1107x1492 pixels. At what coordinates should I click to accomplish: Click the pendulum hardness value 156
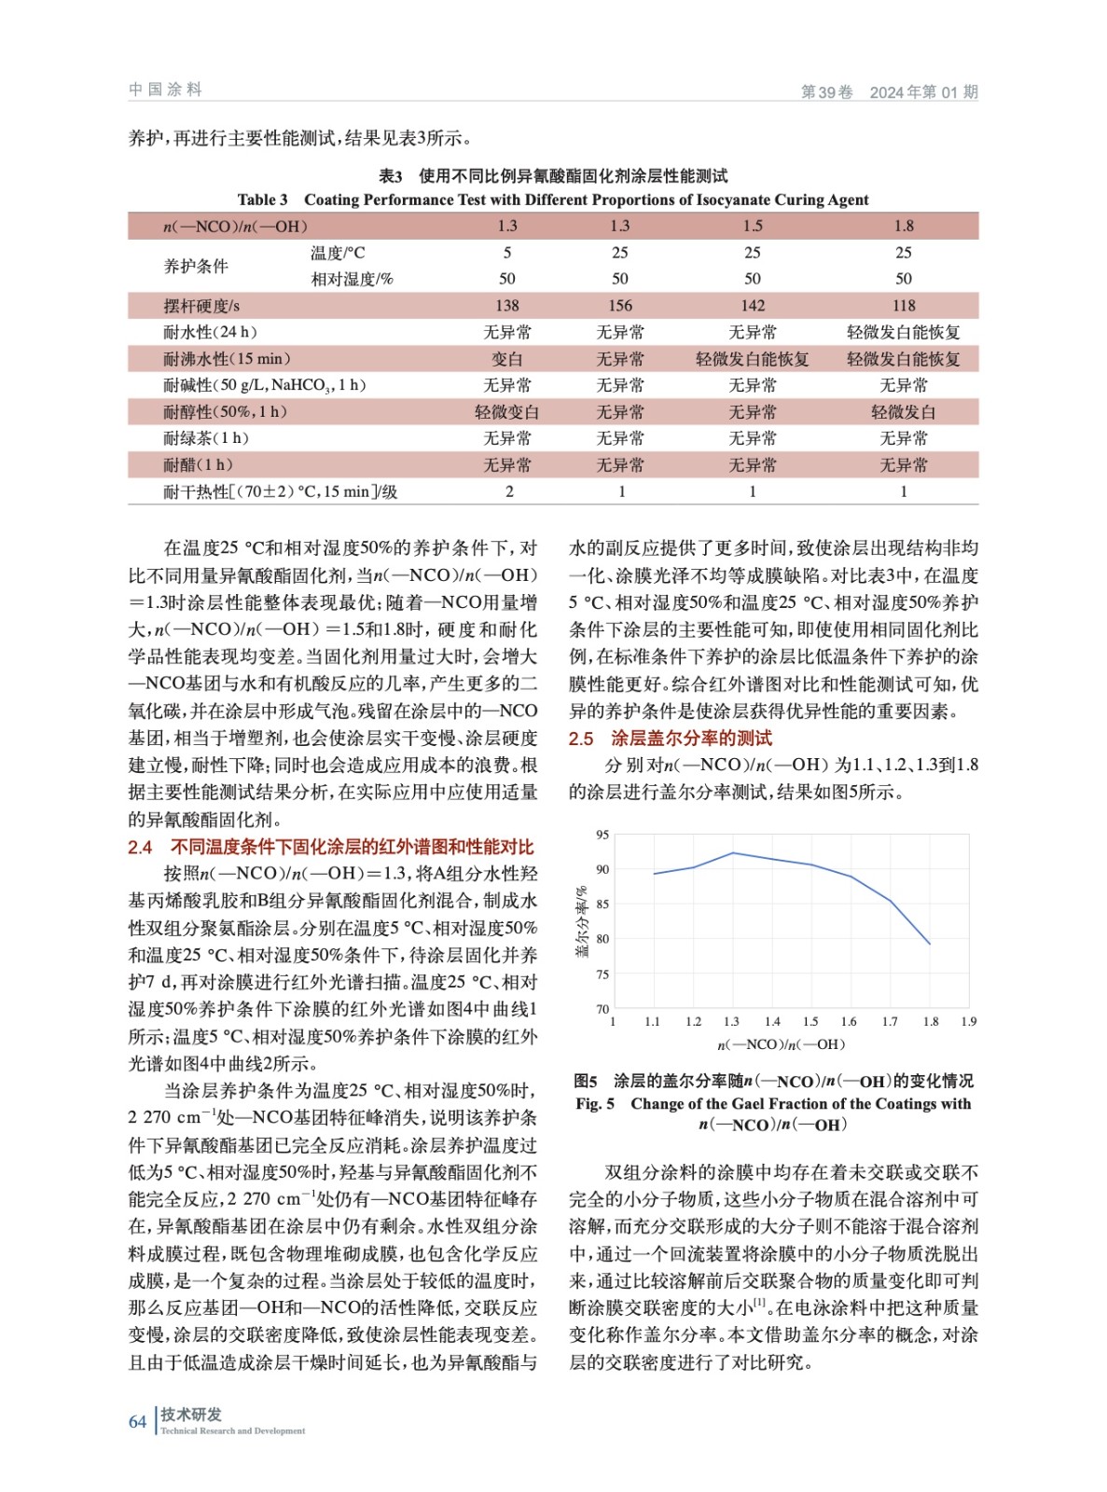619,306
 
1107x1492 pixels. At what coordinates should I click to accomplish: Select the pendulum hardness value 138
507,306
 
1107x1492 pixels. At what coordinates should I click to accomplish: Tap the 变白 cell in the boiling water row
507,359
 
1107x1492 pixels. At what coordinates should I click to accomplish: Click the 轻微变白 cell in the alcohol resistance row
507,412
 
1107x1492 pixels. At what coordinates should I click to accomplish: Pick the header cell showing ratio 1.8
903,226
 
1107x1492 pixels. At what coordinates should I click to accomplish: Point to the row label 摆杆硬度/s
201,306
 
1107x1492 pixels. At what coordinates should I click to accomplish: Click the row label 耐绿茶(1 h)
206,438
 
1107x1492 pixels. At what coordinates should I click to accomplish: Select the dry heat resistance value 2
509,491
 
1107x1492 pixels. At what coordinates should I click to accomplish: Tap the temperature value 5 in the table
507,253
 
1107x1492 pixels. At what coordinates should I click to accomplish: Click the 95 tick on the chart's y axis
602,835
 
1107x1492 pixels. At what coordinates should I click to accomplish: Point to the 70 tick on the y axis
602,1009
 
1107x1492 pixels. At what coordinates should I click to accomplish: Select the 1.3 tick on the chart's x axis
731,1022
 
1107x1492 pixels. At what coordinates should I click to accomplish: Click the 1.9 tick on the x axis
968,1022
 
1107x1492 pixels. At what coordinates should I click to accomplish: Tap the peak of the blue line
733,852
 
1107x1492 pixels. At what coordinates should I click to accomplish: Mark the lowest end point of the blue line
929,944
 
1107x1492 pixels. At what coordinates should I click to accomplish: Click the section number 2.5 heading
581,739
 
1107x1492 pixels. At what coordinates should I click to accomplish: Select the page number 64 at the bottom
137,1421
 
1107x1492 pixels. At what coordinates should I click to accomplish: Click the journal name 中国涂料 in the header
165,90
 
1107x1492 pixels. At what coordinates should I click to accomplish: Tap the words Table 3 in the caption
262,200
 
